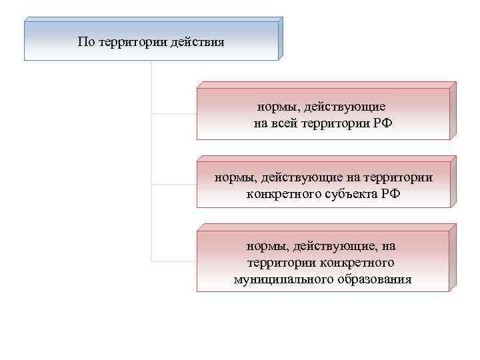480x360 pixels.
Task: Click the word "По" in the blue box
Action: coord(86,42)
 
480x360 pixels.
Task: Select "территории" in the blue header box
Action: coord(131,42)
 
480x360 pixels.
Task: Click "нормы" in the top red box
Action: coord(276,107)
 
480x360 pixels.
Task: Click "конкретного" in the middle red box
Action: coord(281,193)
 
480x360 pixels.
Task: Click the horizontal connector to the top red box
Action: coord(174,114)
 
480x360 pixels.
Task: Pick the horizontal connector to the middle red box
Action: coord(174,185)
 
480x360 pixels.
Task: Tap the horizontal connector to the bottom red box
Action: coord(174,260)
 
